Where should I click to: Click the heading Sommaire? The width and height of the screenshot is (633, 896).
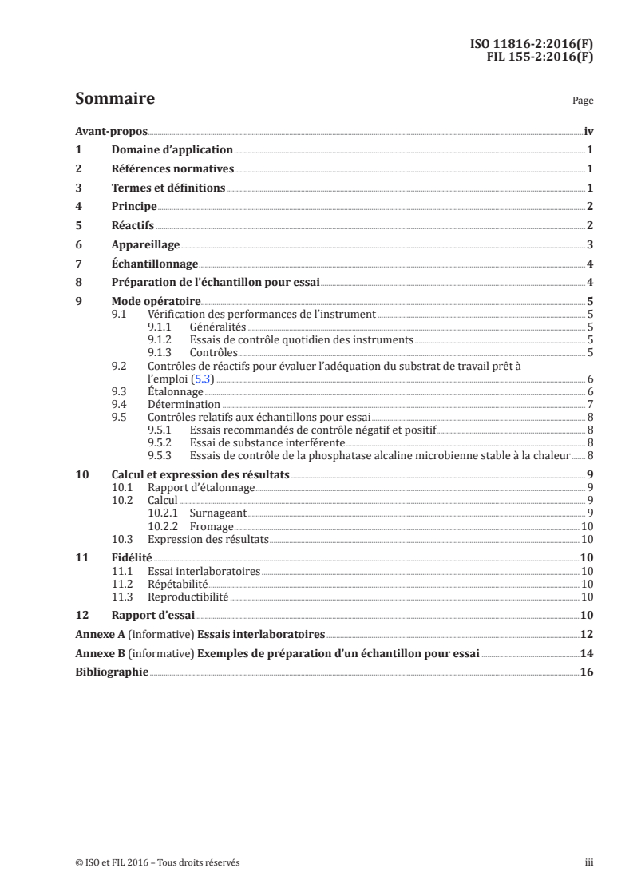(x=114, y=100)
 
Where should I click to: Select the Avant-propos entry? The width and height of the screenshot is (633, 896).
(x=106, y=131)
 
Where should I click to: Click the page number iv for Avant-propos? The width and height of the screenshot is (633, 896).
(x=588, y=131)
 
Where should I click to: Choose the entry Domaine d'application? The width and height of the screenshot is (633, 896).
(x=172, y=150)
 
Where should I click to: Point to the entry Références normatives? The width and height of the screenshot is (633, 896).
(x=172, y=169)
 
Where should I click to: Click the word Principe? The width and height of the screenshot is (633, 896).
(x=133, y=207)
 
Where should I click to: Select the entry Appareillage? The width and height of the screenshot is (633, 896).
(x=145, y=245)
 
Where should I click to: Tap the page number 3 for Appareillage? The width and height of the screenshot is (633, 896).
(x=589, y=245)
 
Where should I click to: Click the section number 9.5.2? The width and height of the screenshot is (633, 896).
(x=160, y=442)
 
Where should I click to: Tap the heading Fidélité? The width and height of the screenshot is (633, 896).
(x=132, y=558)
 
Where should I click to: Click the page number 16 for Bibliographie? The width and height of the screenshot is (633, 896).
(x=587, y=673)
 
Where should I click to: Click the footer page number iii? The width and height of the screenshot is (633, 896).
(x=589, y=862)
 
